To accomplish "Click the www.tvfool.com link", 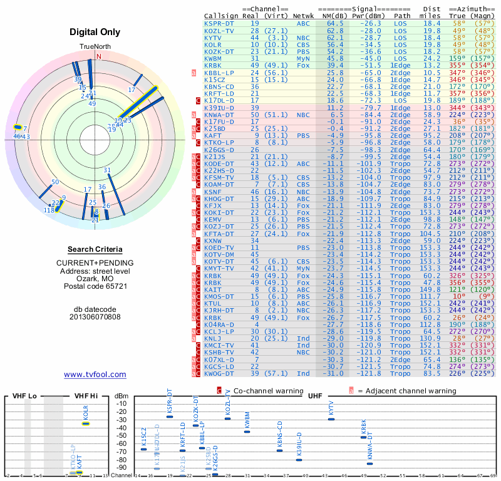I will [x=95, y=375].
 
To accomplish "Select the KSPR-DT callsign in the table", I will [x=219, y=23].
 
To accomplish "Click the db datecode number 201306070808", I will [x=95, y=317].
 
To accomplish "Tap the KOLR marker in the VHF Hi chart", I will [x=86, y=423].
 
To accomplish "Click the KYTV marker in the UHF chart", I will [x=331, y=419].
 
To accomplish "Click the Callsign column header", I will [x=221, y=15].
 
